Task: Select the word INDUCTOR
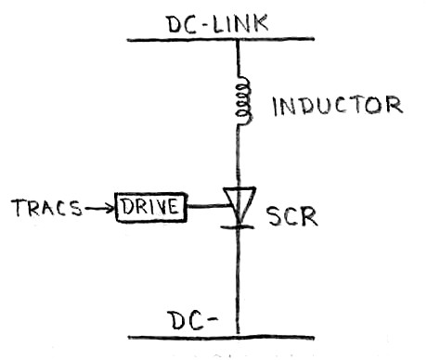point(336,106)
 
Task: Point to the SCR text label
point(291,218)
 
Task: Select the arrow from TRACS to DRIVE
point(97,207)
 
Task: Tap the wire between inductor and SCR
point(240,153)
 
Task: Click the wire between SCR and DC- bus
point(240,278)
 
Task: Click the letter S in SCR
point(273,219)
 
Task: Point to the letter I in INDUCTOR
point(276,106)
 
